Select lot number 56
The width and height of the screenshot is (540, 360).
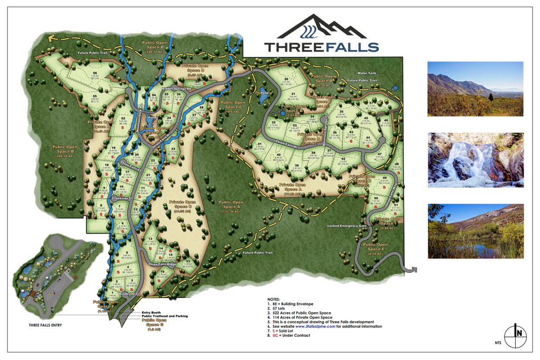tap(95, 73)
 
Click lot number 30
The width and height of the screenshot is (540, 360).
tap(286, 79)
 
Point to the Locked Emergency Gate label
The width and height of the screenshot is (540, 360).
tap(346, 226)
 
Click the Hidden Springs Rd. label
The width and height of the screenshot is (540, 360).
tap(176, 89)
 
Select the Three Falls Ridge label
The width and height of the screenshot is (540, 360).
tap(162, 264)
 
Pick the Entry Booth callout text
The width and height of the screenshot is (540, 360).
tap(152, 313)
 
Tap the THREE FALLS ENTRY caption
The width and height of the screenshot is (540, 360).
tap(45, 325)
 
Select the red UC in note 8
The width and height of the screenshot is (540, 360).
tap(275, 335)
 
